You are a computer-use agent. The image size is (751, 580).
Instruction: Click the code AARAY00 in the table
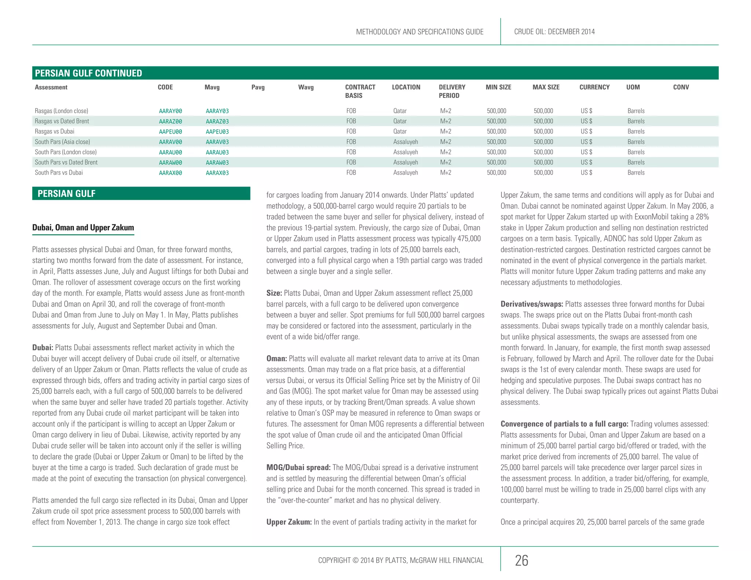171,111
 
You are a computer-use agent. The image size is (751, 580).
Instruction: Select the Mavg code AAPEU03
217,132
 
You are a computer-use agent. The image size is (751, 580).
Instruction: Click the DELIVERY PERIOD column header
452,91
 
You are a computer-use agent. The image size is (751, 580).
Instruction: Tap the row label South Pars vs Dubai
59,173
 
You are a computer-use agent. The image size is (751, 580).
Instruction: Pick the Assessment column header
51,87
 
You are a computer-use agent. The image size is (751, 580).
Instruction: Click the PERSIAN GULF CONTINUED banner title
88,73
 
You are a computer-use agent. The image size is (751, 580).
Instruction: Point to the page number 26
521,561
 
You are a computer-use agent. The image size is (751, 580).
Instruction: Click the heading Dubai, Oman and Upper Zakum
83,228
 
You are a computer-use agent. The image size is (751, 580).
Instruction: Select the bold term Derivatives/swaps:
532,304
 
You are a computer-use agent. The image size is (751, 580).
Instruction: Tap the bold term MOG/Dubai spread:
298,468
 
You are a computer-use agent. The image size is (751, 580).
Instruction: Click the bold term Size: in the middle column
274,293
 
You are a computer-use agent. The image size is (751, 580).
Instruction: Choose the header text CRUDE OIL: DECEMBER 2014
554,32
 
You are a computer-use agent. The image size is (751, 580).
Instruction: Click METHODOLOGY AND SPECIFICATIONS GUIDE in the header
420,32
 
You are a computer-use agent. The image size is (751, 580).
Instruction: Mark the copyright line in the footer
400,561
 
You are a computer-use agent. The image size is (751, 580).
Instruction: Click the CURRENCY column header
594,87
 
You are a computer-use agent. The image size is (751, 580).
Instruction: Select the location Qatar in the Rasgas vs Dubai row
400,132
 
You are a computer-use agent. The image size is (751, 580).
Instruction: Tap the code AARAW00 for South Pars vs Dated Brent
171,162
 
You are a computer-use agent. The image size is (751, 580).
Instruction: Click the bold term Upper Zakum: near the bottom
289,522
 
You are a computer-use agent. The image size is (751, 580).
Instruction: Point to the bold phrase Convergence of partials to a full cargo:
564,424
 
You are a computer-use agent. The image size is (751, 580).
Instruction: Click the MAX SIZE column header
546,87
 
